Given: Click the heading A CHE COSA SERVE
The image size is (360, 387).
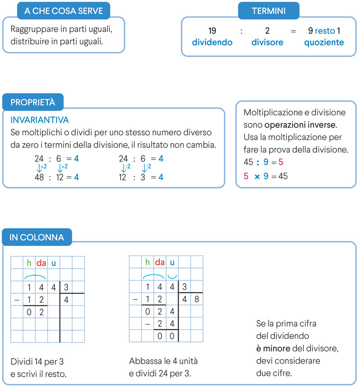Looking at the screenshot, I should click(x=63, y=11).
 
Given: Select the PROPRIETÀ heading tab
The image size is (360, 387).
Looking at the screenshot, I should click(x=33, y=102).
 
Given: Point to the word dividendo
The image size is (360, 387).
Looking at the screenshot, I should click(x=212, y=43).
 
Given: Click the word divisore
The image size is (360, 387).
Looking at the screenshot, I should click(x=267, y=43).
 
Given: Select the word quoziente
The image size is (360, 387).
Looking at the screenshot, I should click(x=324, y=43).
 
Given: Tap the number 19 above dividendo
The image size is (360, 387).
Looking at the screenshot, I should click(x=212, y=31).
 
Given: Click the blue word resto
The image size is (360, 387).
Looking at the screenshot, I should click(x=325, y=31).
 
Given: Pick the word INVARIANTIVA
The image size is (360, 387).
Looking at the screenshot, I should click(x=40, y=120).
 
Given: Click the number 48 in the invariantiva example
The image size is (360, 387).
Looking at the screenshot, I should click(x=39, y=178).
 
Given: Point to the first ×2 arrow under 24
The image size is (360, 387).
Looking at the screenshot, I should click(x=41, y=168).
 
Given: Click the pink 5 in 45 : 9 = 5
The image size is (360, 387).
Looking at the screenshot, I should click(x=281, y=161).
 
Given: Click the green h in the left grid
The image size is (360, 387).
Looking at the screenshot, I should click(x=29, y=263).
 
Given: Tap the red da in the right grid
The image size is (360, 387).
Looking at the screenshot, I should click(x=160, y=262).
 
